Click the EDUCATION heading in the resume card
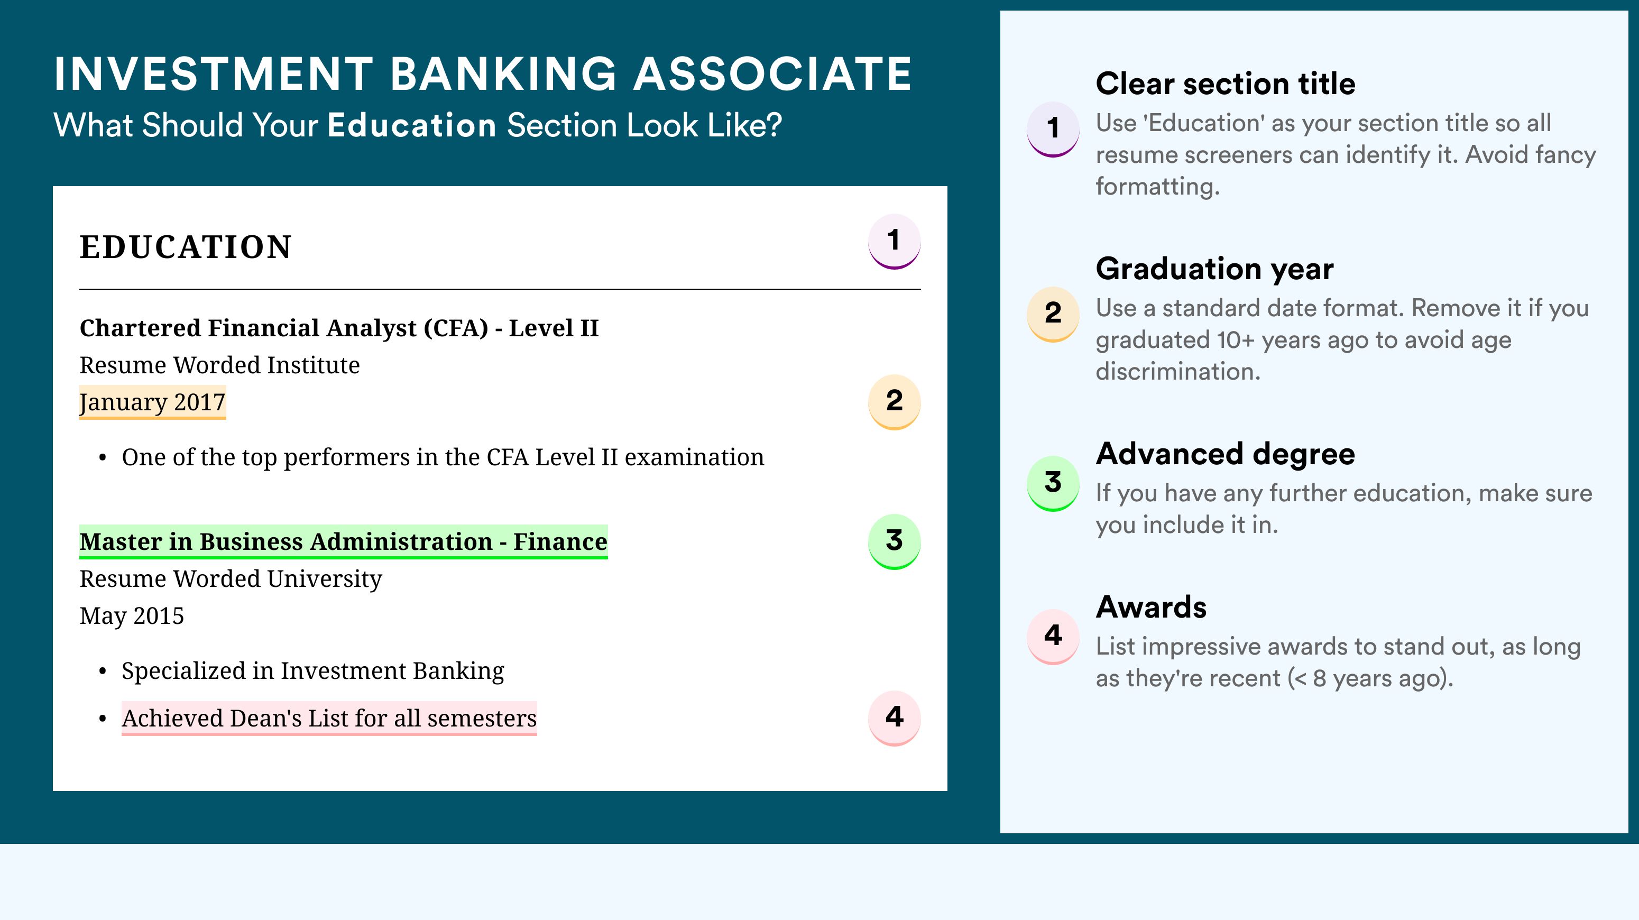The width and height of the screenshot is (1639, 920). pyautogui.click(x=185, y=247)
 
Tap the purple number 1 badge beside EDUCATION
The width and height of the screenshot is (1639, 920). pyautogui.click(x=894, y=241)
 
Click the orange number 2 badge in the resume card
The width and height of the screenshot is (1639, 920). pyautogui.click(x=894, y=401)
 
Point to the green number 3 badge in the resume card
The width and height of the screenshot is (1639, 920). pyautogui.click(x=894, y=541)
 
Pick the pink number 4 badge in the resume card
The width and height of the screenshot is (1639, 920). pyautogui.click(x=894, y=717)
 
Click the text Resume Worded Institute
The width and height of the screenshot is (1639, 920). pyautogui.click(x=219, y=365)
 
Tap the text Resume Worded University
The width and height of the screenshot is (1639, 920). pyautogui.click(x=231, y=579)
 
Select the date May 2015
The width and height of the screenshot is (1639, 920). pyautogui.click(x=132, y=616)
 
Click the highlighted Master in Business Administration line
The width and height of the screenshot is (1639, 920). pyautogui.click(x=344, y=542)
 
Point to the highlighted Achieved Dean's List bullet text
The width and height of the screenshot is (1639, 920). pyautogui.click(x=329, y=719)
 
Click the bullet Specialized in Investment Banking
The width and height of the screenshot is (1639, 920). pyautogui.click(x=312, y=671)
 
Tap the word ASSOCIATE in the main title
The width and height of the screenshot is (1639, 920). pyautogui.click(x=772, y=74)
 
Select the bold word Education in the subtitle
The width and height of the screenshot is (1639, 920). pyautogui.click(x=412, y=125)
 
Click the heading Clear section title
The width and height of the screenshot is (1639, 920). pyautogui.click(x=1226, y=84)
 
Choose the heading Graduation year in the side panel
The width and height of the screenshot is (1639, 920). pyautogui.click(x=1214, y=269)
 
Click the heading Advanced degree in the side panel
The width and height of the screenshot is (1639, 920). pyautogui.click(x=1226, y=454)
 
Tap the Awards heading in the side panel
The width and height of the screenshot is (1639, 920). pyautogui.click(x=1151, y=607)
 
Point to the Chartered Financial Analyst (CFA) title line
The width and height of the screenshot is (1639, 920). pyautogui.click(x=339, y=328)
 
